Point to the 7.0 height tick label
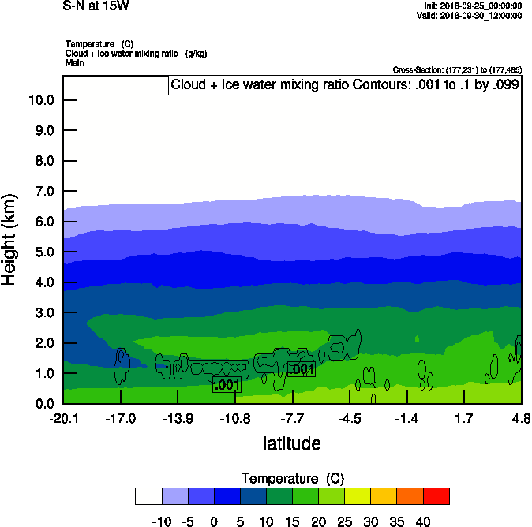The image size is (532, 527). point(43,192)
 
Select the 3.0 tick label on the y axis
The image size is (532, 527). point(43,313)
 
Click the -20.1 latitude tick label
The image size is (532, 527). point(63,418)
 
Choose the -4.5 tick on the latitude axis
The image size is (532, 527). point(350,418)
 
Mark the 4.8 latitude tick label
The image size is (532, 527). point(521,418)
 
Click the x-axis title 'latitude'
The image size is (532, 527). point(292,443)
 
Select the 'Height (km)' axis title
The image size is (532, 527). point(10,241)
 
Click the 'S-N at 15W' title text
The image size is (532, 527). point(95,5)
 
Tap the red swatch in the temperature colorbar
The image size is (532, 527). point(436,496)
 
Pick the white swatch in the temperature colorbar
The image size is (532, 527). point(148,496)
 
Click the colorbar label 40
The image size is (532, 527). point(423,521)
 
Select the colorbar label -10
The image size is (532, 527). point(161,521)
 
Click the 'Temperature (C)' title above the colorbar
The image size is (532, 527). point(292,479)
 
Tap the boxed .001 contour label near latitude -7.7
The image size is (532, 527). point(302,369)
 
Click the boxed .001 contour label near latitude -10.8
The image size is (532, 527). point(227,385)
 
